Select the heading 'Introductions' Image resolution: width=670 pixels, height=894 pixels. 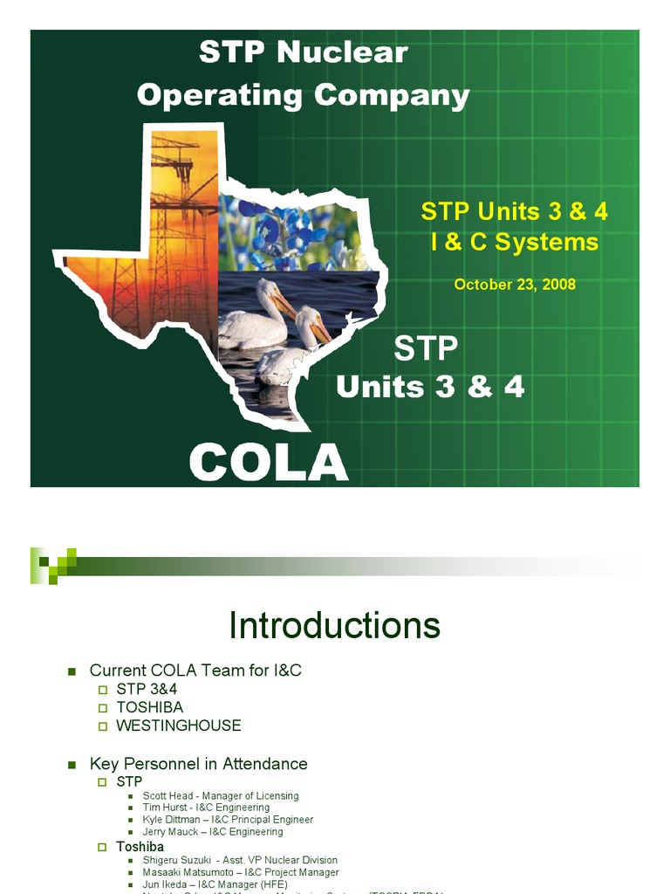334,626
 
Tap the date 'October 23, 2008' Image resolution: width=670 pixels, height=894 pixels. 515,285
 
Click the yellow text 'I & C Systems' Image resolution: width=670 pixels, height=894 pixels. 515,242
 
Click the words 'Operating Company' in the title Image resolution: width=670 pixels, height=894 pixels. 303,95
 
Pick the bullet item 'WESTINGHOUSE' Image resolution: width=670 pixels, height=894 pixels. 179,726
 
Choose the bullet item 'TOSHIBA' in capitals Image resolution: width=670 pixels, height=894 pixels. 150,707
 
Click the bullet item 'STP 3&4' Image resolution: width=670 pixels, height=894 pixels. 147,689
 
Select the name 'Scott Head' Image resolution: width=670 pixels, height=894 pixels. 169,796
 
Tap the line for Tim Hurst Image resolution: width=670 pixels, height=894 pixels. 206,808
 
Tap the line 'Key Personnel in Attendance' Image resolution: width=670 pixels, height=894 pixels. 198,764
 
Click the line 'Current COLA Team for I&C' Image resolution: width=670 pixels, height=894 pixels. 195,670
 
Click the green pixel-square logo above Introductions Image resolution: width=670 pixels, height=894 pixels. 53,564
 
